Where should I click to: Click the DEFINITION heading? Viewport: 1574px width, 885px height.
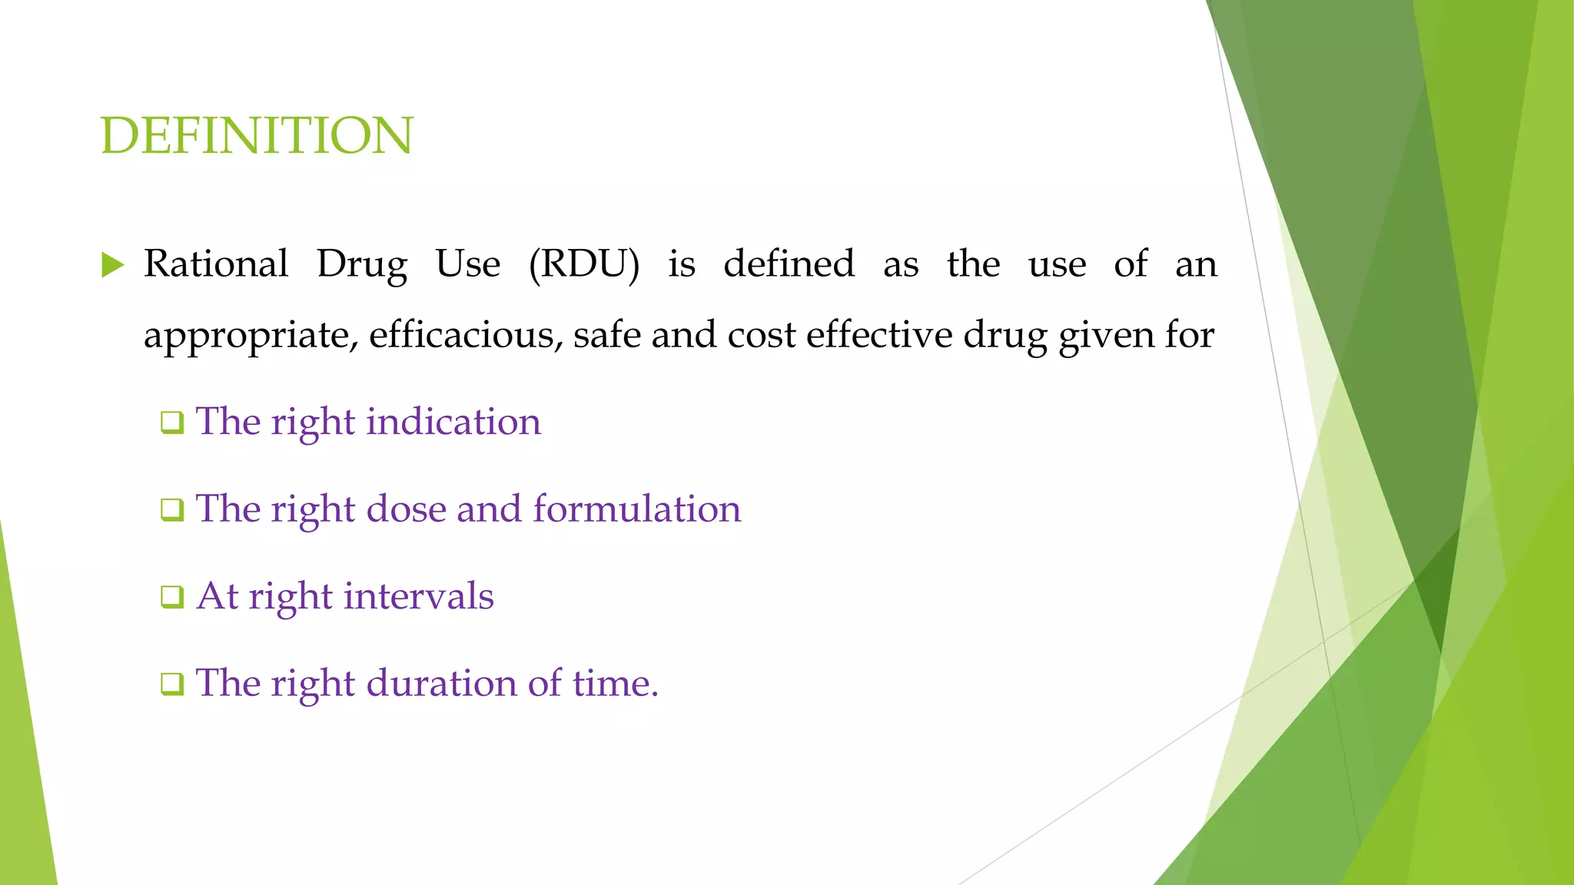tap(257, 136)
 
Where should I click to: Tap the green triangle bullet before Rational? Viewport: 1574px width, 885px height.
tap(112, 266)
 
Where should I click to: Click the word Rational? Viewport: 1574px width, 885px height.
tap(216, 264)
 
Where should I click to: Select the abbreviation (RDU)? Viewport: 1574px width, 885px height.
tap(584, 264)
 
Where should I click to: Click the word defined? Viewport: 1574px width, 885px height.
tap(789, 264)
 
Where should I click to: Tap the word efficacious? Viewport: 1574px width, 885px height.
tap(466, 335)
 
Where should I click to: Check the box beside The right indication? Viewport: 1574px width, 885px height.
tap(172, 423)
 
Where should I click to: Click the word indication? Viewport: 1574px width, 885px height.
tap(453, 422)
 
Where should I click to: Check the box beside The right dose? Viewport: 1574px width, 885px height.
tap(172, 510)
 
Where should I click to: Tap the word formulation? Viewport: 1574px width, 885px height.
tap(637, 509)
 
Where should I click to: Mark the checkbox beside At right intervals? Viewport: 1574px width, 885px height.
tap(172, 597)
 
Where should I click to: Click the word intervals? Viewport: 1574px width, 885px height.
tap(418, 596)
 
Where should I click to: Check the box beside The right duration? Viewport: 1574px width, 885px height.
tap(172, 684)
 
